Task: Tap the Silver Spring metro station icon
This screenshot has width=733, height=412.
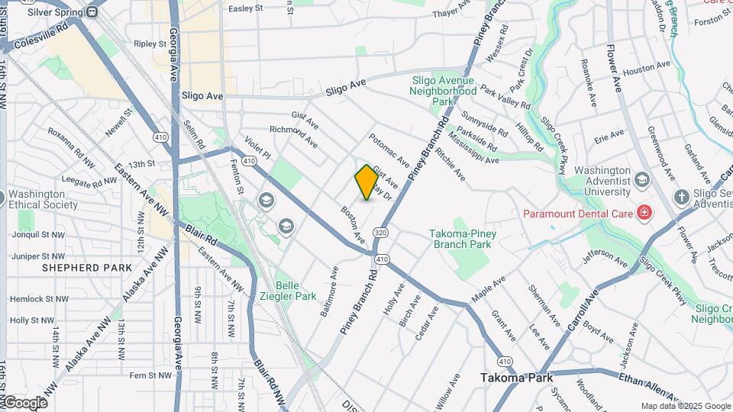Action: pyautogui.click(x=92, y=13)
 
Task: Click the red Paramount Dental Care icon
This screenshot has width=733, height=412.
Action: pyautogui.click(x=644, y=212)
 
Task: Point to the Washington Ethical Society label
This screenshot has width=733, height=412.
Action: pyautogui.click(x=43, y=199)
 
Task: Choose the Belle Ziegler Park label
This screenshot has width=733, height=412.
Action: pyautogui.click(x=295, y=291)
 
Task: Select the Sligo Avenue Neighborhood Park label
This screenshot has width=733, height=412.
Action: pyautogui.click(x=443, y=90)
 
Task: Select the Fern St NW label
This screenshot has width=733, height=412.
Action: pyautogui.click(x=150, y=375)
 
